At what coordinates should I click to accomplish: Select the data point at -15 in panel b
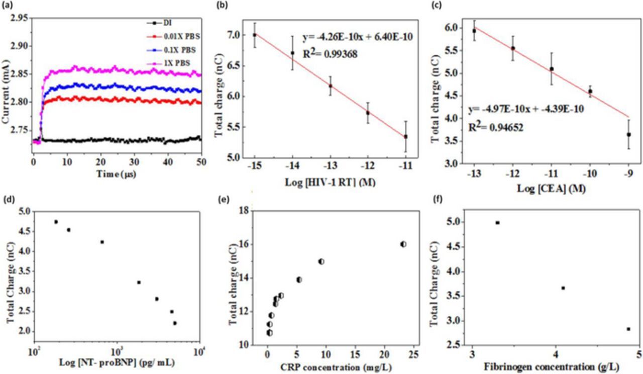pyautogui.click(x=255, y=35)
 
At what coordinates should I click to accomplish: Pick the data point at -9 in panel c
pyautogui.click(x=628, y=134)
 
